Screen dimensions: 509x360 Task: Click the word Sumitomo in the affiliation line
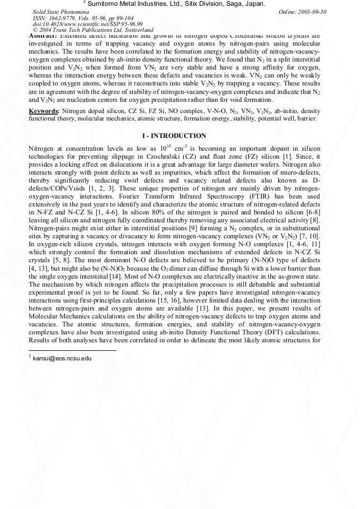pos(104,4)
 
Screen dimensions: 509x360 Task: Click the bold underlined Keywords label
pos(44,111)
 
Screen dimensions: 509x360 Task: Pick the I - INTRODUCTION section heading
pos(175,136)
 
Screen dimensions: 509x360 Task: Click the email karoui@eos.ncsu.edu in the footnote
pos(62,359)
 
